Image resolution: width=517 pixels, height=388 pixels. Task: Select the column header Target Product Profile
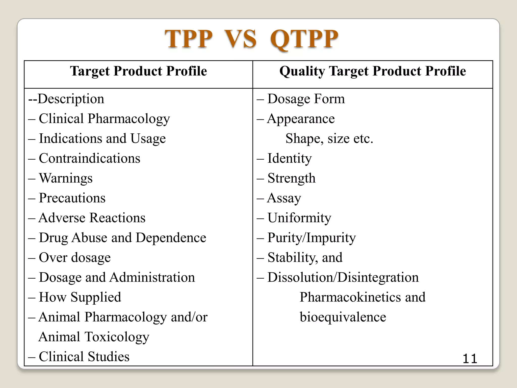tap(138, 71)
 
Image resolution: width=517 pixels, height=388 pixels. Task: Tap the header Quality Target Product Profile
tap(373, 71)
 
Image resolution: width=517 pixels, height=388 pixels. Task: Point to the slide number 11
tap(470, 359)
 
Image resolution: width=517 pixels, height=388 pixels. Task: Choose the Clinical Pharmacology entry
tap(104, 119)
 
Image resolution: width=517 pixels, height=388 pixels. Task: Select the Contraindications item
tap(89, 158)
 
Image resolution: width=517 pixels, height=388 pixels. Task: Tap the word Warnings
tap(66, 178)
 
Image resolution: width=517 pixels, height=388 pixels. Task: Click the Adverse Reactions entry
tap(92, 218)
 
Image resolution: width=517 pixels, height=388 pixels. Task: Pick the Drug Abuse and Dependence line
tap(122, 238)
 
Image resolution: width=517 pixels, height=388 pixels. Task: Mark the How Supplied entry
tap(80, 297)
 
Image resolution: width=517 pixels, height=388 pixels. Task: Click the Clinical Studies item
tap(84, 357)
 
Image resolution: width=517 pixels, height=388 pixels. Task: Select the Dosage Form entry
tap(306, 99)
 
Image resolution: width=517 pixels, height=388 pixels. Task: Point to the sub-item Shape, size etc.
tap(329, 138)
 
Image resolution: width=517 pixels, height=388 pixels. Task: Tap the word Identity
tap(290, 158)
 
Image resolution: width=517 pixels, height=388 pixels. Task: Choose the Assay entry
tap(284, 198)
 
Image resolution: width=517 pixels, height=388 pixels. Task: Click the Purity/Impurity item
tap(312, 238)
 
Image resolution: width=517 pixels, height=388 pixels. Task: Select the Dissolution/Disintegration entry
tap(343, 277)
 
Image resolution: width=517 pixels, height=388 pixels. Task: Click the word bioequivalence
tap(343, 317)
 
